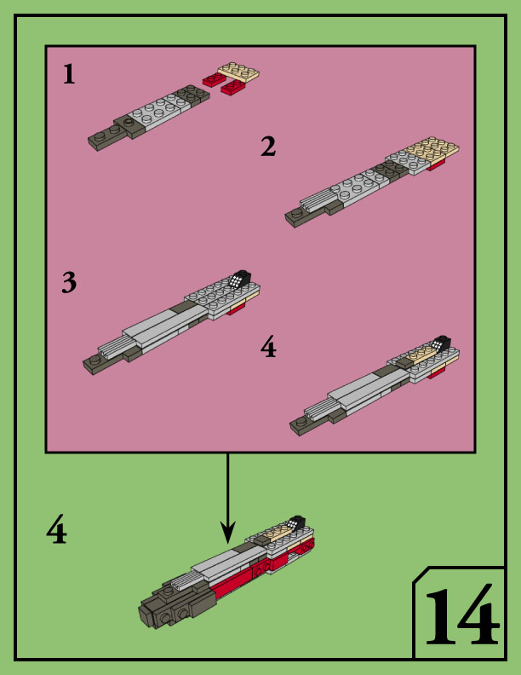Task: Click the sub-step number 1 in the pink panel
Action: (69, 74)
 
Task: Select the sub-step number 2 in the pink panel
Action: (268, 147)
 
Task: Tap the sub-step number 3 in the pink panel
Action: (69, 282)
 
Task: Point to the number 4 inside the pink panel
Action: (268, 348)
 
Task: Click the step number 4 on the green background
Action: (56, 532)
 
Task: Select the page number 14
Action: (460, 615)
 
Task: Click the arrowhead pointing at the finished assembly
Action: (227, 534)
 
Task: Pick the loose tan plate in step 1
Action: (238, 72)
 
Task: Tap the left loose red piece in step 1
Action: (212, 80)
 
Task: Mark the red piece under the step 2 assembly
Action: (436, 165)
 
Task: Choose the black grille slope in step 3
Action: (240, 279)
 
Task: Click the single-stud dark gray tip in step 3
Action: (94, 364)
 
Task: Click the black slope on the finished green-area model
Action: (296, 522)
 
